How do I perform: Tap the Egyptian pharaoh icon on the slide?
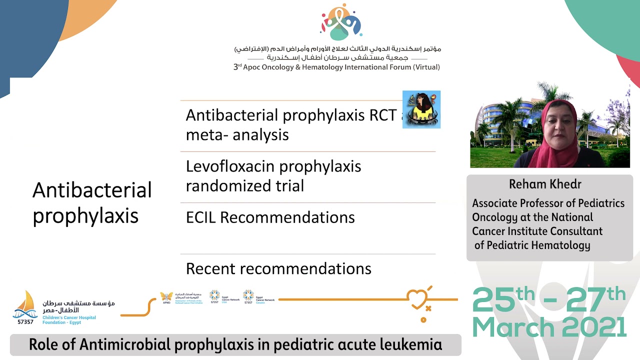click(x=421, y=109)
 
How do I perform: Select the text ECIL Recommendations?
click(x=270, y=217)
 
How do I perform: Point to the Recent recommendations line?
click(x=278, y=269)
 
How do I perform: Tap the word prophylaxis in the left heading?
click(x=85, y=215)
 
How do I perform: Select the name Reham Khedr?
click(x=545, y=184)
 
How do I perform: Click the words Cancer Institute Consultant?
click(x=537, y=231)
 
